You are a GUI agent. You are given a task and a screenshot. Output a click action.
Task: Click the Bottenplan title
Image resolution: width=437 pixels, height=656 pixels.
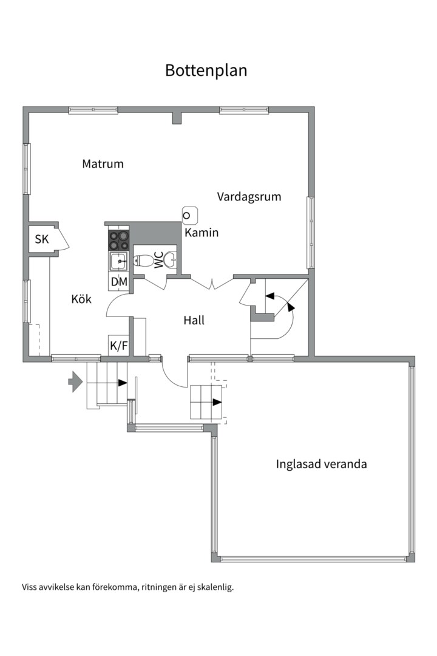(x=206, y=70)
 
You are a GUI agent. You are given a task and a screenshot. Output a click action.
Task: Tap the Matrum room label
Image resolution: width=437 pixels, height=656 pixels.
(x=103, y=164)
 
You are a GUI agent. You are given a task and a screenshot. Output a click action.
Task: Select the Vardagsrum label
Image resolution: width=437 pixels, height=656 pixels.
(x=249, y=197)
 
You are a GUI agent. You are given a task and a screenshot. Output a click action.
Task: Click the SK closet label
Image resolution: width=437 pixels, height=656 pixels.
(x=41, y=239)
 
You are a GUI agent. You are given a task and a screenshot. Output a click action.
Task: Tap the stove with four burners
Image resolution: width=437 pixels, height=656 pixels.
(x=118, y=241)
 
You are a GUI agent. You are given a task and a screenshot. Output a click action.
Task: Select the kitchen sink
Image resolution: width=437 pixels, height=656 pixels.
(x=118, y=262)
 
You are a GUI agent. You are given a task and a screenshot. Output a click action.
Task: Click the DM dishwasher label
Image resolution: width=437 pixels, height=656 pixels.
(x=118, y=281)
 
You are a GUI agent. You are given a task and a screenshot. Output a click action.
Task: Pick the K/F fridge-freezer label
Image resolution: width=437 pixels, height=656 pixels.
(x=118, y=346)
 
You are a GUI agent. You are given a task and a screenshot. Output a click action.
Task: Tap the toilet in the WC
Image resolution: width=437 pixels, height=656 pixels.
(x=144, y=261)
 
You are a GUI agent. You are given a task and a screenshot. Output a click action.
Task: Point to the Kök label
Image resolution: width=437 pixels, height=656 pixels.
(x=81, y=299)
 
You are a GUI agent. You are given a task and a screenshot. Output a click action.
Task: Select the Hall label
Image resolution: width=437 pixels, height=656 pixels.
(x=194, y=320)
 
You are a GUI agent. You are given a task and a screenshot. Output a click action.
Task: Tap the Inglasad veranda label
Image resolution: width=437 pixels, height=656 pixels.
(x=321, y=465)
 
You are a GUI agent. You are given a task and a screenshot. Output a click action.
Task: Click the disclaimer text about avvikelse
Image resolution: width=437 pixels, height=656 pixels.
(x=127, y=587)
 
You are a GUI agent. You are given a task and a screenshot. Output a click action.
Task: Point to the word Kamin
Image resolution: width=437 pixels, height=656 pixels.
(x=202, y=233)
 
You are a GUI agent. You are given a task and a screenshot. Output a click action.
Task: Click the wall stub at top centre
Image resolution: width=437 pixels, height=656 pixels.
(x=177, y=117)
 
